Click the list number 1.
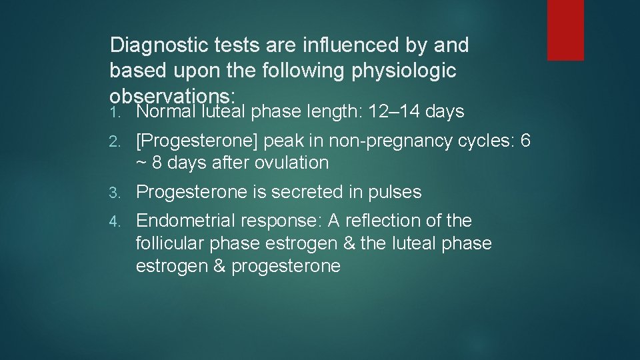pyautogui.click(x=114, y=112)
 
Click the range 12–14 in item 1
pyautogui.click(x=396, y=111)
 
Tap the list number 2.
pyautogui.click(x=114, y=142)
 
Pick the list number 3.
pyautogui.click(x=114, y=193)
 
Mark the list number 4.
pyautogui.click(x=114, y=221)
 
